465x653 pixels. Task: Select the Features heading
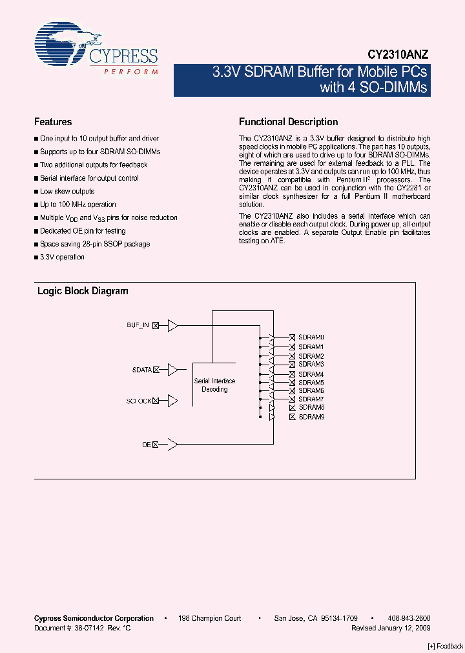pyautogui.click(x=53, y=122)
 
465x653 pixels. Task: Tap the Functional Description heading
pyautogui.click(x=288, y=122)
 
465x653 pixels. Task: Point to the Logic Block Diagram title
pyautogui.click(x=83, y=291)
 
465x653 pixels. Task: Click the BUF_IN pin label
pyautogui.click(x=138, y=326)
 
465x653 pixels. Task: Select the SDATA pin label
pyautogui.click(x=141, y=370)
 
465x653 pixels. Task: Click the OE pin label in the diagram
pyautogui.click(x=146, y=444)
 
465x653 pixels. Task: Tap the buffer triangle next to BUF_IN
pyautogui.click(x=172, y=326)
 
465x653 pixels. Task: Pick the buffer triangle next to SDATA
pyautogui.click(x=172, y=370)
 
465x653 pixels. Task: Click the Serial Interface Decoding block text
pyautogui.click(x=214, y=385)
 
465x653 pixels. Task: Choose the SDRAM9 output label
pyautogui.click(x=311, y=417)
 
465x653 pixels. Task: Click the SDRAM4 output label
pyautogui.click(x=311, y=374)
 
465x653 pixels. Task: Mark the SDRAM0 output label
pyautogui.click(x=311, y=337)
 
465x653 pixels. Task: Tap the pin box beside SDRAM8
pyautogui.click(x=293, y=408)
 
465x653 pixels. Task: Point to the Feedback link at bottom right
pyautogui.click(x=446, y=647)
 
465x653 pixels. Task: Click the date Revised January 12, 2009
pyautogui.click(x=391, y=628)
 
